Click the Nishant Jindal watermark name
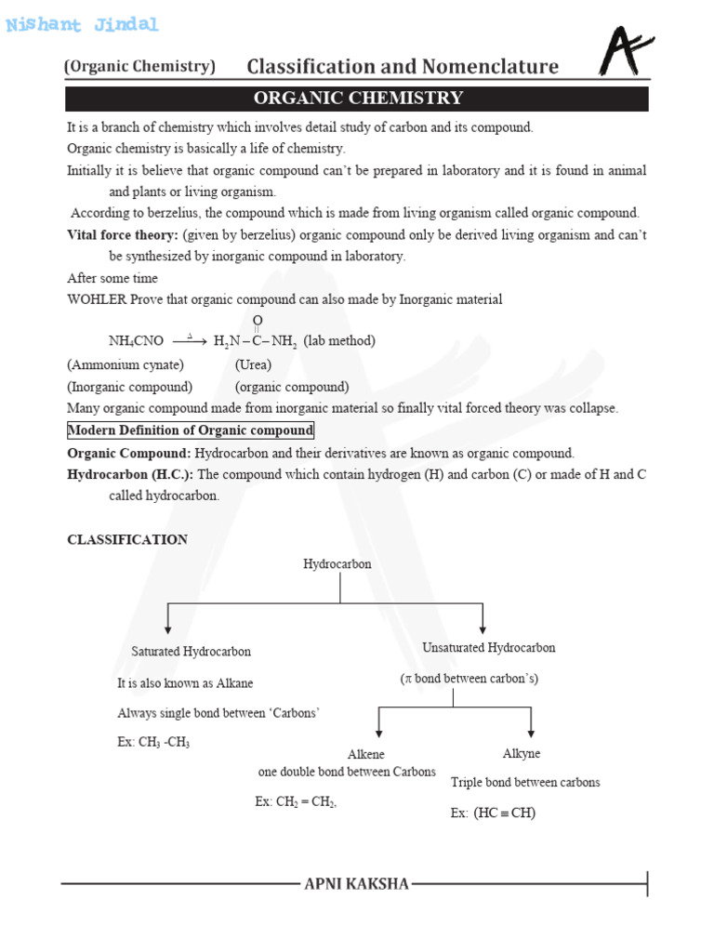tap(82, 25)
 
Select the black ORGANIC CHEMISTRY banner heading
tap(358, 99)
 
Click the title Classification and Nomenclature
tap(403, 66)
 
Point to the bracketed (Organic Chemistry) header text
tap(139, 66)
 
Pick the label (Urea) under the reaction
tap(253, 364)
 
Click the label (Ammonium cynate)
tap(126, 364)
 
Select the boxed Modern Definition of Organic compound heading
tap(191, 430)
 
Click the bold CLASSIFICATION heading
tap(127, 539)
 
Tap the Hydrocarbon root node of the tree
tap(337, 564)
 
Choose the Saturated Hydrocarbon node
tap(191, 652)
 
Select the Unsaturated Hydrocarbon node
tap(489, 647)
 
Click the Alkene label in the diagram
tap(365, 755)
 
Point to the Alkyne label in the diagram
tap(521, 753)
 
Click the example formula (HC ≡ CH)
tap(505, 813)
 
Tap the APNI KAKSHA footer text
tap(357, 883)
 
